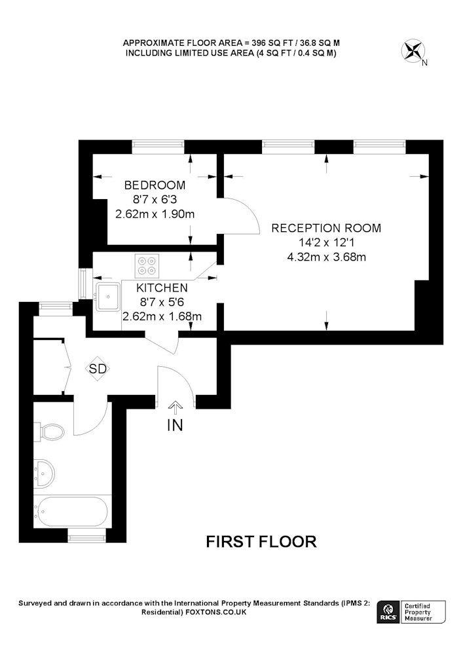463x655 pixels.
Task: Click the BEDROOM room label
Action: pyautogui.click(x=155, y=185)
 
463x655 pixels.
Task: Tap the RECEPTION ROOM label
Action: pyautogui.click(x=326, y=228)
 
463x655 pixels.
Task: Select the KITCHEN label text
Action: pyautogui.click(x=162, y=288)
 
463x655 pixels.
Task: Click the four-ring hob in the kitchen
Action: pyautogui.click(x=147, y=266)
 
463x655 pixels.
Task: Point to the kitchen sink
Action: pyautogui.click(x=108, y=297)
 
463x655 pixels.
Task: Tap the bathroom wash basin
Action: pyautogui.click(x=44, y=473)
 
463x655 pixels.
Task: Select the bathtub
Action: pyautogui.click(x=71, y=512)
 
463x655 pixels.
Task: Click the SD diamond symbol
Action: pyautogui.click(x=98, y=368)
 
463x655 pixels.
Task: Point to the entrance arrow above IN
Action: pyautogui.click(x=176, y=407)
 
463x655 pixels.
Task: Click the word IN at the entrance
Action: pyautogui.click(x=175, y=425)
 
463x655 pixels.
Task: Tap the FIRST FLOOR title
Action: pyautogui.click(x=261, y=542)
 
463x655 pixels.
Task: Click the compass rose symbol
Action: pyautogui.click(x=413, y=51)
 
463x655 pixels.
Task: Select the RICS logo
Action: pyautogui.click(x=388, y=612)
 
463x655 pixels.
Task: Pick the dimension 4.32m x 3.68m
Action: pyautogui.click(x=327, y=257)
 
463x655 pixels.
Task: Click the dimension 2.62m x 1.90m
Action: pyautogui.click(x=155, y=214)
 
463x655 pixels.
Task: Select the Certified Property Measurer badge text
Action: pyautogui.click(x=418, y=612)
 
